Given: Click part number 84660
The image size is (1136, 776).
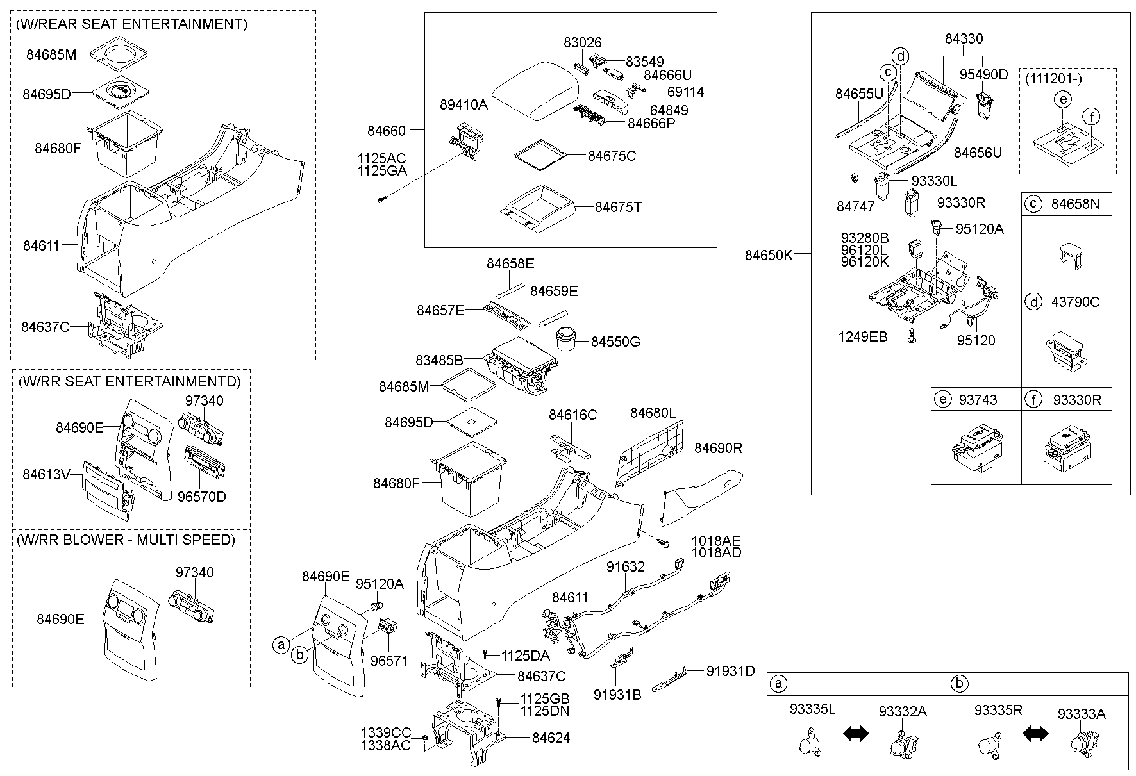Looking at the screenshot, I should [386, 131].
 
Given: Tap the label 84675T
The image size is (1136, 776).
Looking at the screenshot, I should [618, 208].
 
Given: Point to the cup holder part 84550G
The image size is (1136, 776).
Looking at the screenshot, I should [567, 338].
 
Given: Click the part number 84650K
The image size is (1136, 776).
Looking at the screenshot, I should [769, 255].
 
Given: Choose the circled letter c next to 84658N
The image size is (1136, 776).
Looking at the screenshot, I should [1033, 204].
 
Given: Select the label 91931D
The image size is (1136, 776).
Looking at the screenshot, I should [730, 671].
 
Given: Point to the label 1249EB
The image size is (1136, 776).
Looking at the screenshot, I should [862, 336].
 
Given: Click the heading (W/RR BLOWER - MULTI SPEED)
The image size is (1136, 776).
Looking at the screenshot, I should [126, 540].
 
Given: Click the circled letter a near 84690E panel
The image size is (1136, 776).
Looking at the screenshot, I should [280, 645].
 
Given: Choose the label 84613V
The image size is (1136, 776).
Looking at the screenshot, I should [46, 474].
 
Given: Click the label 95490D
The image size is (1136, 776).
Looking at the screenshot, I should [983, 75].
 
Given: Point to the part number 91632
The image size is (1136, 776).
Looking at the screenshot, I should [626, 566].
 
